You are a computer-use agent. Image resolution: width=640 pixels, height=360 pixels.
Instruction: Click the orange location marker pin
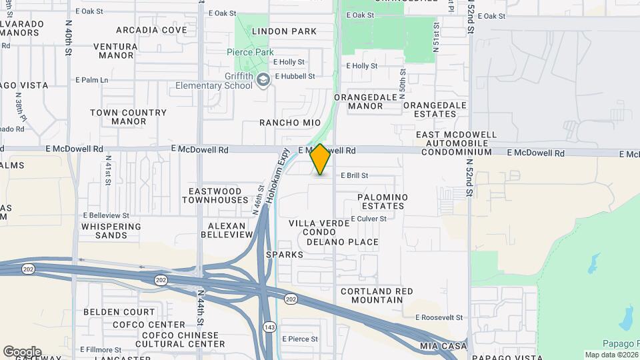tap(320, 159)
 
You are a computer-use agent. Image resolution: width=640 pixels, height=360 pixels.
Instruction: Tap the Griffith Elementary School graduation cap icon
tap(264, 80)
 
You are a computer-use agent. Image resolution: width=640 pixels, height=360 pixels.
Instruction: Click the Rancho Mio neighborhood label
tap(290, 123)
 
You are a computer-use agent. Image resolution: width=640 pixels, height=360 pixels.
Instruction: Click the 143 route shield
tap(269, 327)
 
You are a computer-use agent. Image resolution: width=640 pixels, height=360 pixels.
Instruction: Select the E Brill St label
tap(364, 176)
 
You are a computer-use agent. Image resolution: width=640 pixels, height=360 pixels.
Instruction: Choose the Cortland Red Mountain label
tap(377, 295)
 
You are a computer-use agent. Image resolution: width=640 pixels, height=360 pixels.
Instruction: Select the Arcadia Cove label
tap(151, 30)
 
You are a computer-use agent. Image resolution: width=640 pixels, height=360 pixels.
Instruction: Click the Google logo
tap(22, 352)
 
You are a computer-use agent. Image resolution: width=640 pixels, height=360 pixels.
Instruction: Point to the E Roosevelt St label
tap(439, 318)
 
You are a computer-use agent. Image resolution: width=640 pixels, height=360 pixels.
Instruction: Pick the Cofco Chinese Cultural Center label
tap(177, 339)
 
